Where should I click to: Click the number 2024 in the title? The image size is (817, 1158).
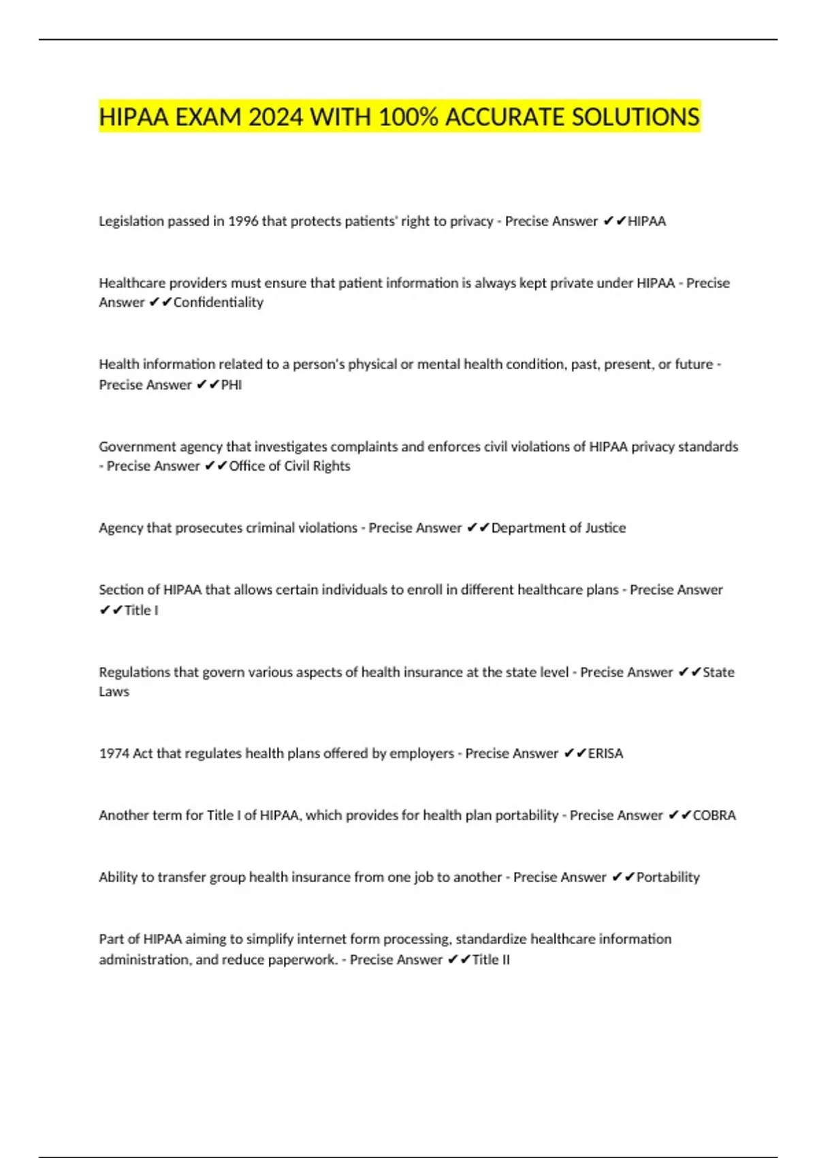coord(275,118)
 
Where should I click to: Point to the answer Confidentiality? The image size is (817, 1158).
coord(218,302)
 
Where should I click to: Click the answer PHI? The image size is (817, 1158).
coord(231,385)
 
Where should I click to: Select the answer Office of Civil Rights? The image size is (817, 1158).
coord(289,466)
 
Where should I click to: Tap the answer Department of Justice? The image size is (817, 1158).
coord(558,528)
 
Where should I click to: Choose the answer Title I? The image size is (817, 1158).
coord(141,610)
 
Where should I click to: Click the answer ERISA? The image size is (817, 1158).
coord(605,753)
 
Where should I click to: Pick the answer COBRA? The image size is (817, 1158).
coord(714,815)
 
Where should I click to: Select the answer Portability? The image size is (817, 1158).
coord(668,877)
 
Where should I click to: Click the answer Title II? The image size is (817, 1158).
coord(491,960)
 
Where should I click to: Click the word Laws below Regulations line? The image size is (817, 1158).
coord(114,691)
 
